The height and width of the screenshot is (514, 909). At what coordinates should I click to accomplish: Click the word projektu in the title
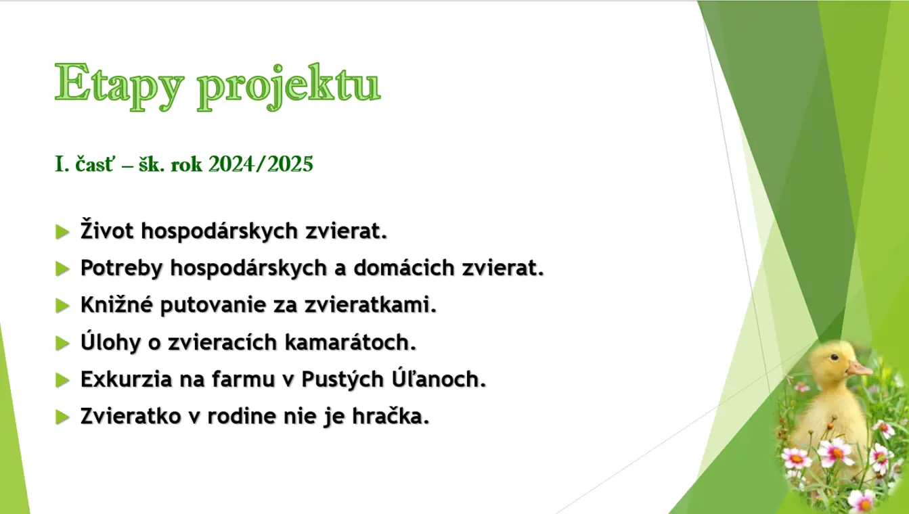click(x=289, y=87)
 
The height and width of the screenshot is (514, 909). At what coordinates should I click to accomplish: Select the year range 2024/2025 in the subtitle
click(x=261, y=164)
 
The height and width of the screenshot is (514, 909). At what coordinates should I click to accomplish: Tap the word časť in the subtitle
click(x=95, y=164)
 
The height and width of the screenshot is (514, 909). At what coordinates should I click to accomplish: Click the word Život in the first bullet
click(x=107, y=229)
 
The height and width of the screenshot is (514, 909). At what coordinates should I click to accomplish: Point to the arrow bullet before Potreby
click(x=62, y=268)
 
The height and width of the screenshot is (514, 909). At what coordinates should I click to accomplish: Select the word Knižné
click(x=116, y=304)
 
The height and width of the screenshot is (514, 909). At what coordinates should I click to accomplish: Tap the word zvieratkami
click(x=370, y=304)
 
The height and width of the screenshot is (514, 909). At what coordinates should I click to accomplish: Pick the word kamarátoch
click(x=351, y=342)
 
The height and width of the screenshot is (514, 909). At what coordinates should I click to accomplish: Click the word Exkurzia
click(x=126, y=379)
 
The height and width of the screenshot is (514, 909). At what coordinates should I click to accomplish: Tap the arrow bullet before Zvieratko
click(x=62, y=417)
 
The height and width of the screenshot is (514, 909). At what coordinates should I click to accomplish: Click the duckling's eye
click(x=835, y=357)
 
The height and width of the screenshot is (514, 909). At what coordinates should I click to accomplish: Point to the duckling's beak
click(x=859, y=368)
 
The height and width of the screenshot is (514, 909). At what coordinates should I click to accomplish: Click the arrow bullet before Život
click(x=62, y=232)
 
